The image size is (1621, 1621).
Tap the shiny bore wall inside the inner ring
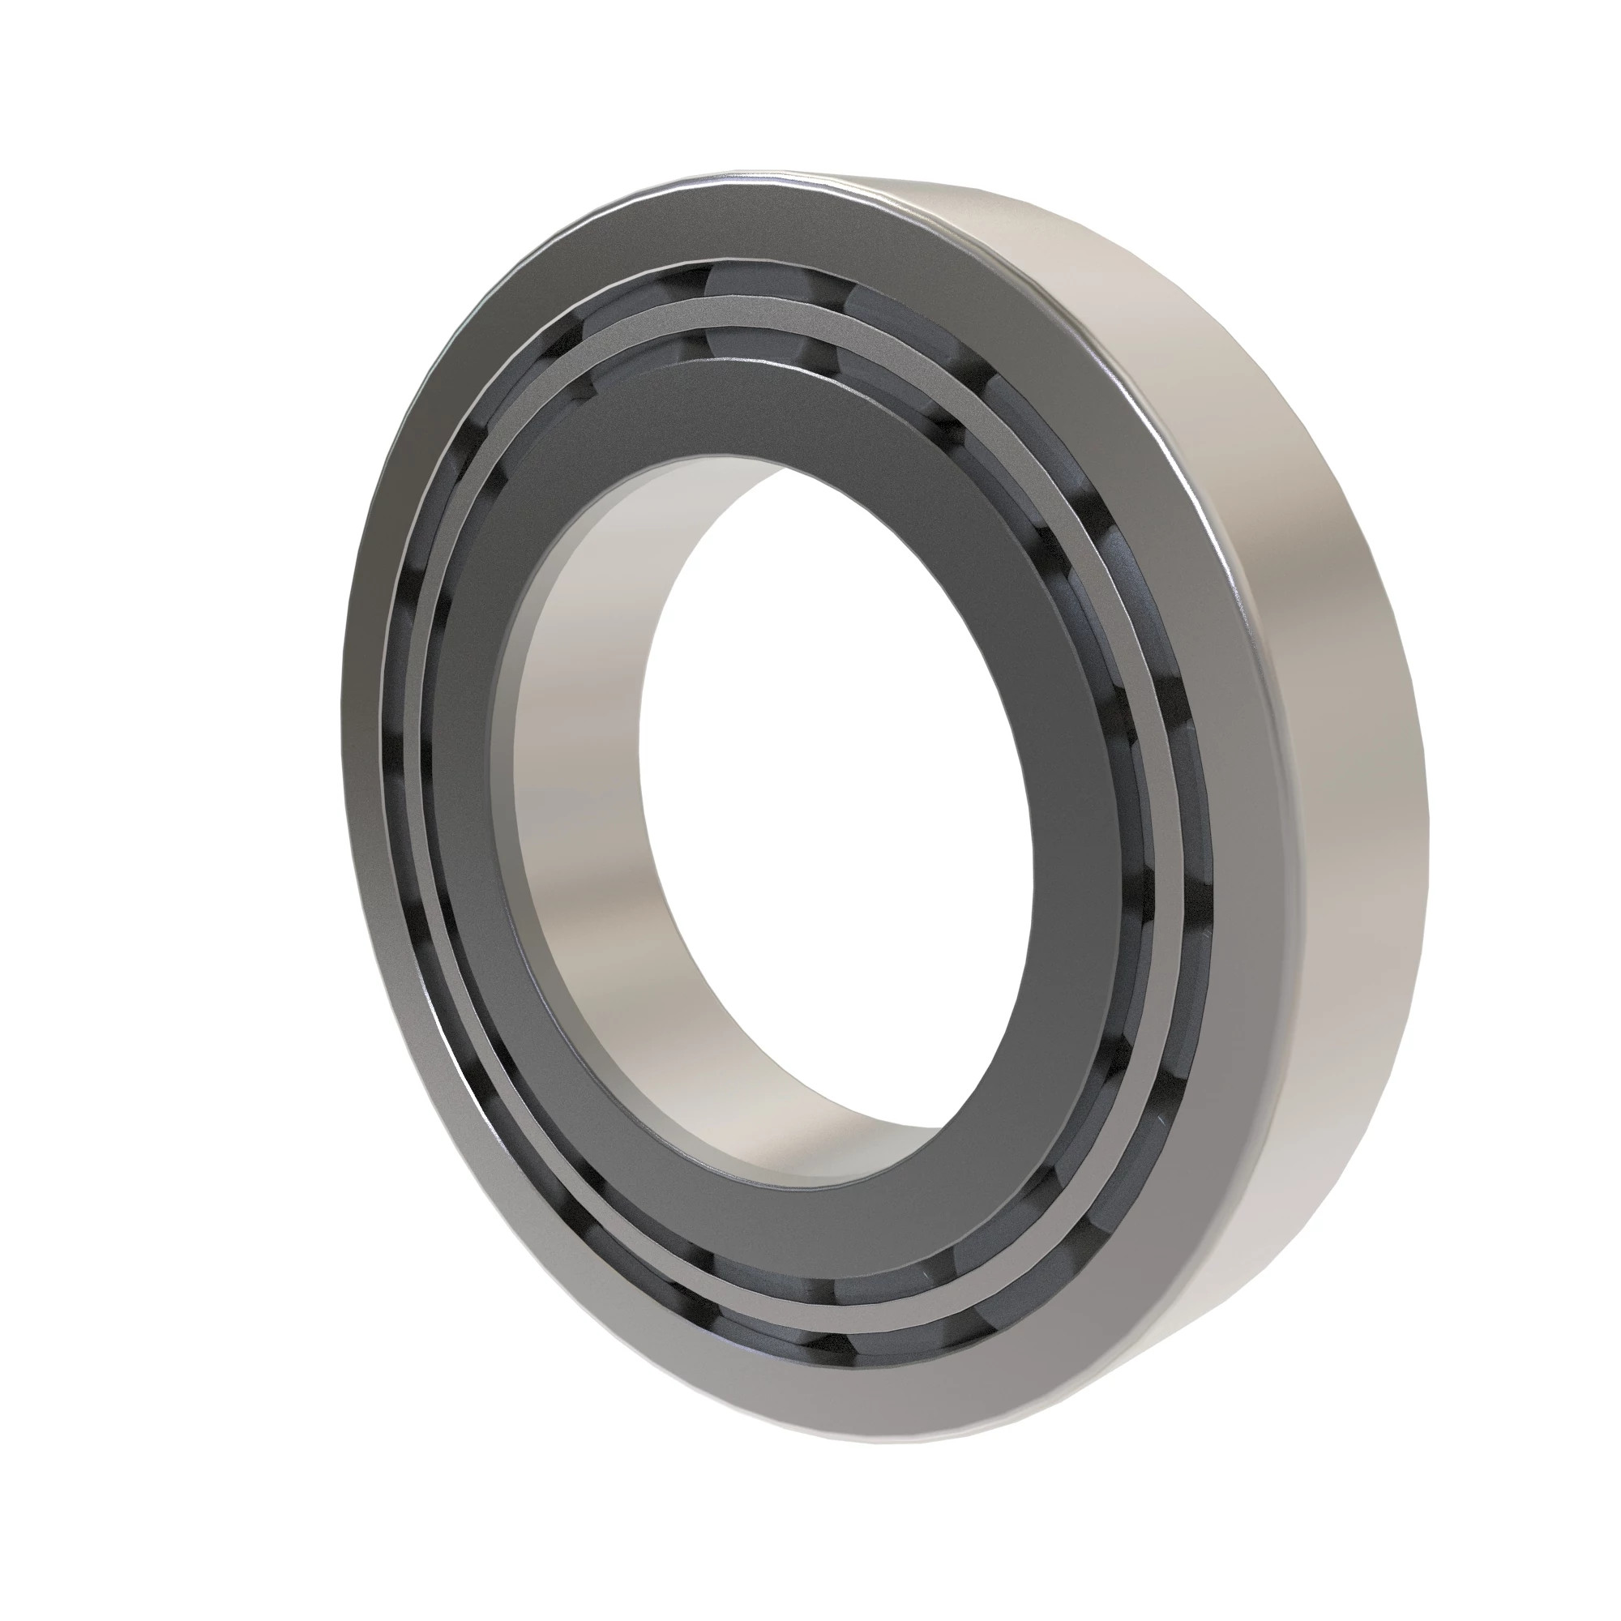point(579,755)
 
